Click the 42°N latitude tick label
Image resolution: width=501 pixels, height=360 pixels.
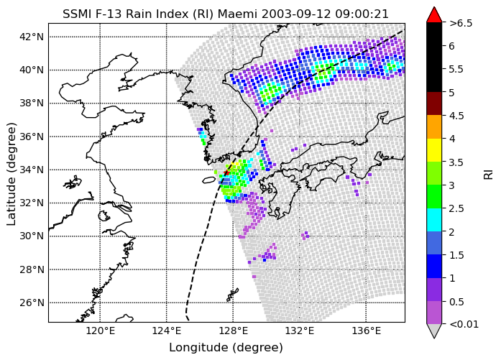tap(32, 37)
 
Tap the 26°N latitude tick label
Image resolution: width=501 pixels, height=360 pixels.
tap(32, 303)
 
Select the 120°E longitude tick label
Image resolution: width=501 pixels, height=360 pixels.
tap(101, 331)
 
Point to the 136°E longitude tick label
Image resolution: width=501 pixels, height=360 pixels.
tap(366, 331)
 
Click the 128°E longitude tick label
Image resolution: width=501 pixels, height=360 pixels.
tap(233, 331)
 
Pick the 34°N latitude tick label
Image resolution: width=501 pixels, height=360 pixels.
tap(32, 170)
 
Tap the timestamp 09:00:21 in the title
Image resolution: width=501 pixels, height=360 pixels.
tap(362, 14)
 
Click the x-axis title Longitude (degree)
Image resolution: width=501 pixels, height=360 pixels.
tap(226, 348)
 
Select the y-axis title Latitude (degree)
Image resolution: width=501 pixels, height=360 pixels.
tap(11, 174)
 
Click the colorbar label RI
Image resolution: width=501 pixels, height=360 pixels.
tap(489, 175)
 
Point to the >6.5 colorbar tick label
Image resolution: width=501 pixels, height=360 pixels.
tap(461, 23)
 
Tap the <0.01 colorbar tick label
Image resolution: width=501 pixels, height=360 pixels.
tap(464, 325)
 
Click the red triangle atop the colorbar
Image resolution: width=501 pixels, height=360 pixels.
tap(434, 15)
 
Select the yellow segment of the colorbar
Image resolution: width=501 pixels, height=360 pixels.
tap(434, 150)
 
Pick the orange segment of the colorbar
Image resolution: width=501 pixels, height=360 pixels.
tap(434, 126)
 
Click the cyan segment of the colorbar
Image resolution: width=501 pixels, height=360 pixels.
tap(434, 220)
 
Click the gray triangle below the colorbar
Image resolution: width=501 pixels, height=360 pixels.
tap(434, 331)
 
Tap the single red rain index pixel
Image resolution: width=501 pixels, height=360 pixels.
tap(226, 172)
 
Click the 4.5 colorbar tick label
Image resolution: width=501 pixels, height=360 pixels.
tap(456, 116)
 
